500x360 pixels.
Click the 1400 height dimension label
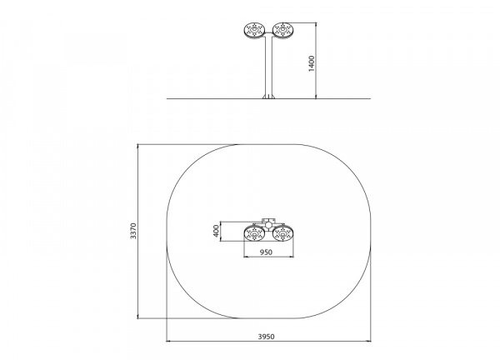click(x=312, y=63)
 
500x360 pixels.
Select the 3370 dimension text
click(x=133, y=231)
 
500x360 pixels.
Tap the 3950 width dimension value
click(x=267, y=337)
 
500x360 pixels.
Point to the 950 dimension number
click(x=266, y=252)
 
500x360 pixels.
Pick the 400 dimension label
click(x=216, y=231)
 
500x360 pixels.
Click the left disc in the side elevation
click(x=254, y=31)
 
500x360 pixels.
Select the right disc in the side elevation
click(x=282, y=31)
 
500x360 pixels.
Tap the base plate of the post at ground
click(x=268, y=97)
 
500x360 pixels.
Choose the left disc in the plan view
click(x=254, y=233)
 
